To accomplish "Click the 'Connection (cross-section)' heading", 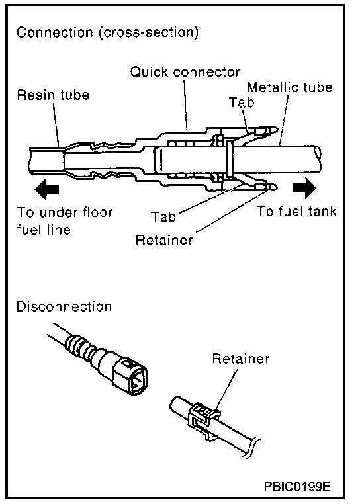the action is coord(107,32).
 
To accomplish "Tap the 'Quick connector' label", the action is coord(185,71).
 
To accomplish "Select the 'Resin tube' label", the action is coord(53,95).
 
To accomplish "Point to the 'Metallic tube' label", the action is coord(290,87).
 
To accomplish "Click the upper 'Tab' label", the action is coord(242,103).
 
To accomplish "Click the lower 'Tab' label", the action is coord(163,216).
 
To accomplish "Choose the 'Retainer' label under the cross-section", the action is coord(164,240).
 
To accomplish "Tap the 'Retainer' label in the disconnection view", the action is coord(241,358).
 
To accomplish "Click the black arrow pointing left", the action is coord(47,189).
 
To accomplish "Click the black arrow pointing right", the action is coord(304,188).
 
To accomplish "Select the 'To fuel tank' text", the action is coord(296,211).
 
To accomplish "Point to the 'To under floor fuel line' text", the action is coord(65,221).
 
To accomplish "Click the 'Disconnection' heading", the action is coord(64,306).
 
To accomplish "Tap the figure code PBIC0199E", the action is coord(297,487).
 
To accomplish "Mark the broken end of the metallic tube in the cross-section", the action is coord(318,153).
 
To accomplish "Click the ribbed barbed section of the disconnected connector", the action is coord(81,348).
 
